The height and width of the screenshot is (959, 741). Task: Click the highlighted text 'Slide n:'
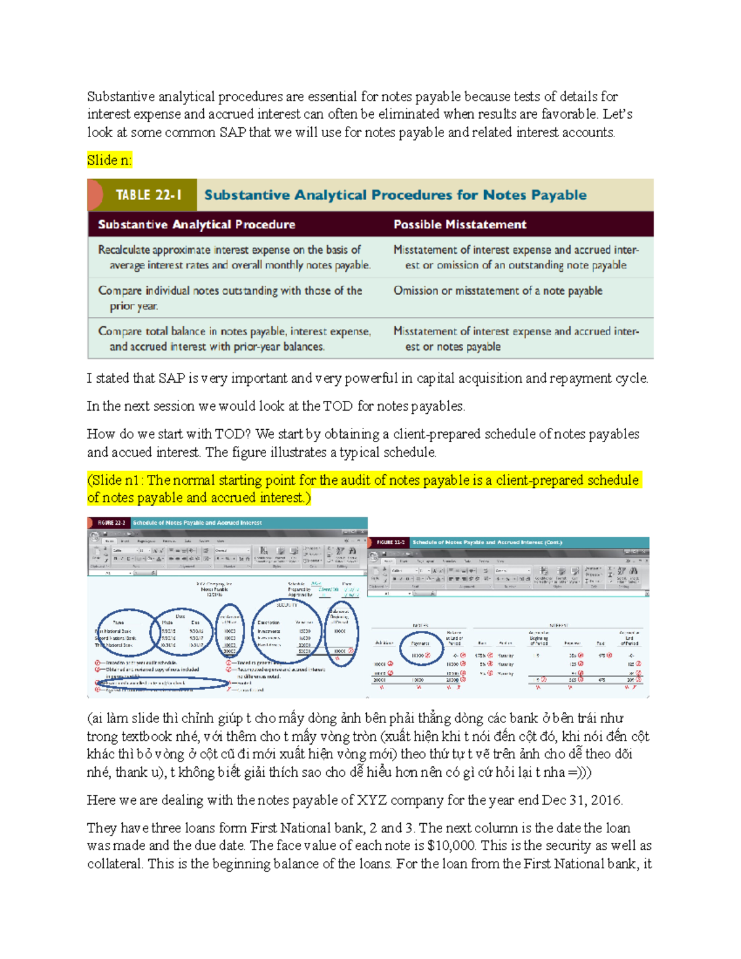tap(109, 161)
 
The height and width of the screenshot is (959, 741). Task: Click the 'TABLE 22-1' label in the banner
tap(148, 195)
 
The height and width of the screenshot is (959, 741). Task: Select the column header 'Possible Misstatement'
tap(459, 225)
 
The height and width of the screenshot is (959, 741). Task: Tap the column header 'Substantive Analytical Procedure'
tap(196, 225)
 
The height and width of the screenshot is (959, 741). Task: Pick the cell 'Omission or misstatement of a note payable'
tap(498, 291)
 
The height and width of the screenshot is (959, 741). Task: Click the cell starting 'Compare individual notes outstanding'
tap(230, 298)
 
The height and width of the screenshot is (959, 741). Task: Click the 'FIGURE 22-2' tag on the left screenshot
tap(111, 523)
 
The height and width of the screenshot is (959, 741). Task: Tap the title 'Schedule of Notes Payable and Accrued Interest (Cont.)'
tap(487, 543)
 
